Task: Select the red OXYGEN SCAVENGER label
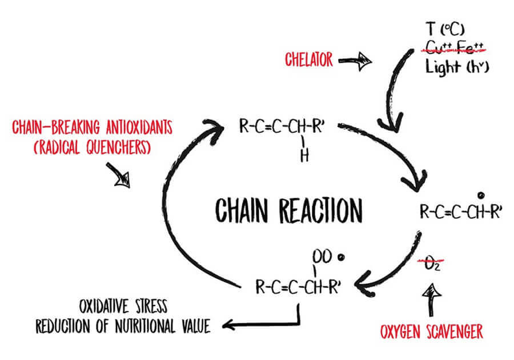click(431, 331)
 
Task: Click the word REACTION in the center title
click(320, 210)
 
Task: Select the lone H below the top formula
click(304, 157)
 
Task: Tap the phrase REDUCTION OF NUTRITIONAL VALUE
click(123, 327)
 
